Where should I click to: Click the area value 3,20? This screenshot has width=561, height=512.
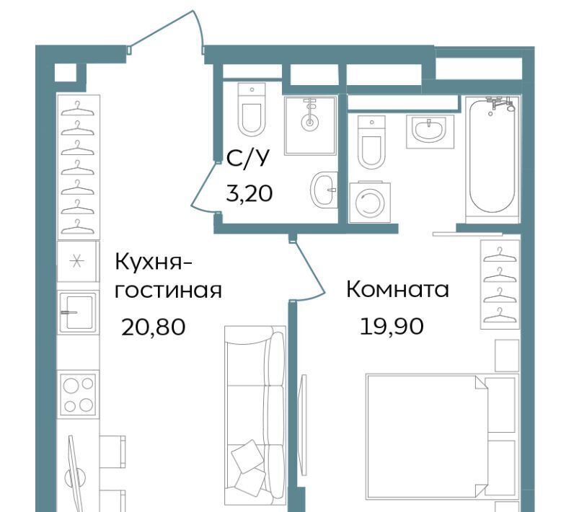pos(249,194)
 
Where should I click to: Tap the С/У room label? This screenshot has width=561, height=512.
pos(247,158)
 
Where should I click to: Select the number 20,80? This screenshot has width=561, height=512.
pos(153,327)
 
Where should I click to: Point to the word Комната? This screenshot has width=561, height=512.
pos(397,289)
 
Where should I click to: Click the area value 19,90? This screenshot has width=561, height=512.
pos(392,326)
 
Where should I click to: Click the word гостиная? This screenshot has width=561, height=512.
pos(168,291)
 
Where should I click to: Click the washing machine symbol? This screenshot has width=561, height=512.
pos(370,203)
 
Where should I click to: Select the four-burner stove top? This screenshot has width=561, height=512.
pos(79,394)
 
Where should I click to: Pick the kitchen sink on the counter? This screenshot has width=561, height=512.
pos(77,312)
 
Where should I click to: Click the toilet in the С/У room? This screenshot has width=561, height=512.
pos(252,110)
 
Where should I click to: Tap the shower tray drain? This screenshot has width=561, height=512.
pos(310,123)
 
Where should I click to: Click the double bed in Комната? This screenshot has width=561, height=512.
pos(442,436)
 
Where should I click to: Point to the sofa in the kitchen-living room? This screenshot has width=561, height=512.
pos(255,415)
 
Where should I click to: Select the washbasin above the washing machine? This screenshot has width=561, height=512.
pos(430,131)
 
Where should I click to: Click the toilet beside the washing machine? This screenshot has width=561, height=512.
pos(371,142)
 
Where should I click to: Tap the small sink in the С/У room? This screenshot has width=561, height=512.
pos(324,190)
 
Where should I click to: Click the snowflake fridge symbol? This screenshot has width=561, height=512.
pos(76,262)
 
